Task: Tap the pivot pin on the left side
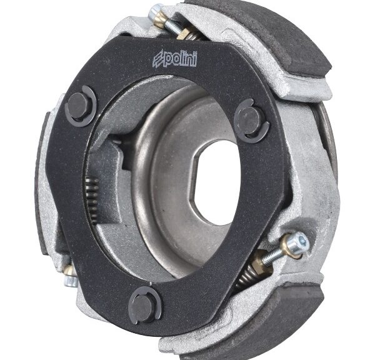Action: (x=78, y=106)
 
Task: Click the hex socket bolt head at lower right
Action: (x=301, y=241)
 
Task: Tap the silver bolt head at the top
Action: (x=155, y=12)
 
